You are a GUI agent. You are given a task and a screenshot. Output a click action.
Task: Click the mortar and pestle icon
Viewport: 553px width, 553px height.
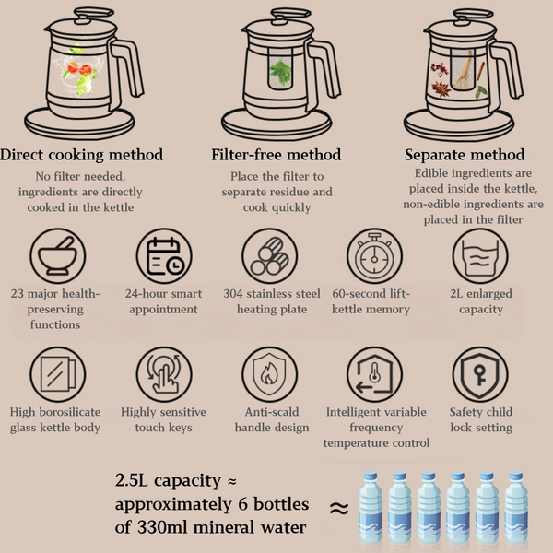click(57, 256)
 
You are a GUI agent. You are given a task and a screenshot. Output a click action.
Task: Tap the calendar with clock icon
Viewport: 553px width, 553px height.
click(164, 256)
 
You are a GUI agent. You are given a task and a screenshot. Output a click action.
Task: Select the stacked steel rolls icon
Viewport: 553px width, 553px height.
click(270, 256)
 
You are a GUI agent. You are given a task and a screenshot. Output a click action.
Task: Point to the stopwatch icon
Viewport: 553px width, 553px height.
click(374, 256)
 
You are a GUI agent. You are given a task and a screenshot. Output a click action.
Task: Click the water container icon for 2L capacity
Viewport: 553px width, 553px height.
click(480, 256)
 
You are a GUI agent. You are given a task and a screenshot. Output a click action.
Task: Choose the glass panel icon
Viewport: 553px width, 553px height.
click(57, 374)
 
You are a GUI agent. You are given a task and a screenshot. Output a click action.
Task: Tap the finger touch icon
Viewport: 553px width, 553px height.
click(164, 374)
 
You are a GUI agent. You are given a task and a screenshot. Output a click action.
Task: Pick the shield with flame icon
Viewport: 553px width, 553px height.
click(270, 374)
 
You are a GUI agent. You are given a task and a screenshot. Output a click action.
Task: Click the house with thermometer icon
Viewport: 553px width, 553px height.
click(374, 374)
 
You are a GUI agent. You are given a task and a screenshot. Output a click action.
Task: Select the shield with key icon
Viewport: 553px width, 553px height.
click(480, 374)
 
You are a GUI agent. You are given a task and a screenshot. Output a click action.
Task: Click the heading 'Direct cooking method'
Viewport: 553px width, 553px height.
click(81, 155)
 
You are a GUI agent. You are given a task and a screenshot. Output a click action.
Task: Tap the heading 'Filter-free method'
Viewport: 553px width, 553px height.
click(276, 155)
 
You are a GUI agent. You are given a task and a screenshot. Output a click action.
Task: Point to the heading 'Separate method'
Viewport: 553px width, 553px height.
click(465, 155)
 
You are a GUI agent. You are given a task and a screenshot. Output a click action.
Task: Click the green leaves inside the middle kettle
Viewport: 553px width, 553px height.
click(280, 72)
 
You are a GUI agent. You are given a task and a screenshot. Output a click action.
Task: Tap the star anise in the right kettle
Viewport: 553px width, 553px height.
click(441, 88)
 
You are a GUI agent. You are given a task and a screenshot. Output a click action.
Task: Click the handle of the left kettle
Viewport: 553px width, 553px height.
click(128, 71)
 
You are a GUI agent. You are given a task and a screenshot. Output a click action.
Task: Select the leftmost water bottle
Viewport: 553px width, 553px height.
click(371, 506)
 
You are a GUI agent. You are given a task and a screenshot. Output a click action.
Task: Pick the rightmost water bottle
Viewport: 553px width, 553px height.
click(516, 506)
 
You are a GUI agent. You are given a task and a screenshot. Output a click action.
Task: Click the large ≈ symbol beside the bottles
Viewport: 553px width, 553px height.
click(339, 508)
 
